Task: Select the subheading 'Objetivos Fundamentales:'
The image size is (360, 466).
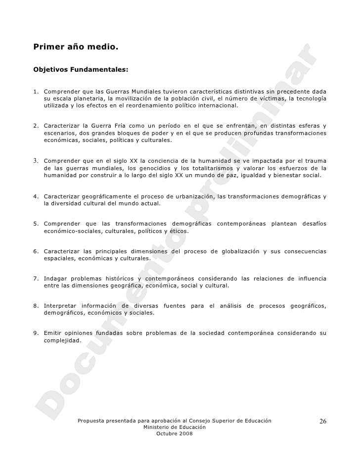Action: coord(81,70)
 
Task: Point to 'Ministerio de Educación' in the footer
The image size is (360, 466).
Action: coord(174,426)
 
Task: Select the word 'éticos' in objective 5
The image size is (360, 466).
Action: coord(178,231)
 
